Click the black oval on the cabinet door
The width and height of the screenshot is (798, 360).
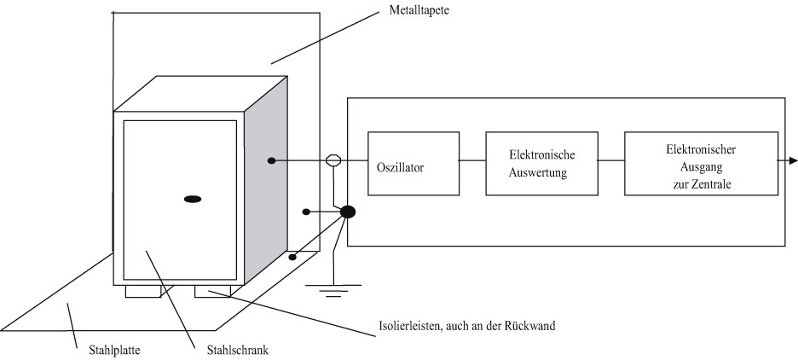[193, 199]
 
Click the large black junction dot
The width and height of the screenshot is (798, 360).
[348, 212]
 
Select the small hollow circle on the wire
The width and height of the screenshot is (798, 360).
[333, 160]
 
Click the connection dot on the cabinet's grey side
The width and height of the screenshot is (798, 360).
[271, 160]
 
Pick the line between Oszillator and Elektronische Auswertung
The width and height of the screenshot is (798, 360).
[472, 160]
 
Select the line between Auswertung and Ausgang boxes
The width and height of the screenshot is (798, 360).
[610, 160]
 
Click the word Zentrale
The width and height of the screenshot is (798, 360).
[709, 184]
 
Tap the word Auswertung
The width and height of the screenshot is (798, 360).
[541, 171]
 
